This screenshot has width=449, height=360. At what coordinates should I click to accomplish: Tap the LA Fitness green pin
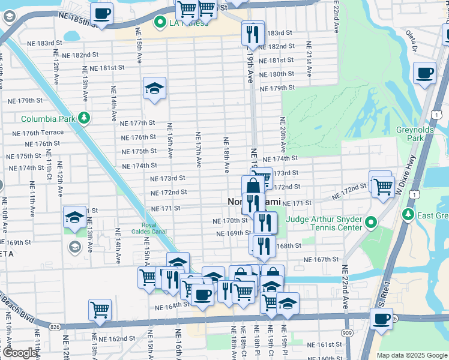click(x=160, y=23)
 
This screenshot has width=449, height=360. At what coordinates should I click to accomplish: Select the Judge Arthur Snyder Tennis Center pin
click(x=370, y=223)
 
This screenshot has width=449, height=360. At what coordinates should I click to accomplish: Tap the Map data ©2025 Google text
click(x=411, y=355)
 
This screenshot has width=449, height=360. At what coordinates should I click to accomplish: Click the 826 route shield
click(x=55, y=326)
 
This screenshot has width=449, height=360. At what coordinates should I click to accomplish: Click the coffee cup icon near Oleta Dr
click(x=425, y=73)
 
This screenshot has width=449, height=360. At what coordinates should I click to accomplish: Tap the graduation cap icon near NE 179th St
click(x=154, y=88)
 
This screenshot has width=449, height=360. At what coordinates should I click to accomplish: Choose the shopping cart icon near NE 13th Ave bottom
click(x=100, y=310)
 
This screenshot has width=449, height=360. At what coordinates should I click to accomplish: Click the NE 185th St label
click(x=78, y=20)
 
